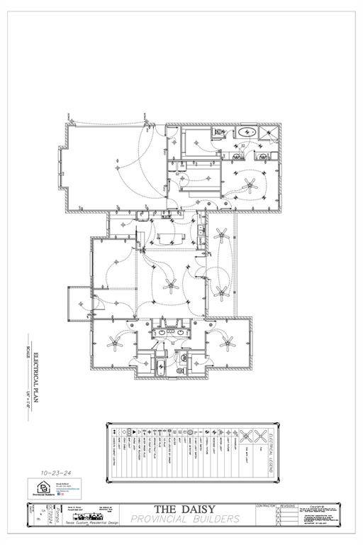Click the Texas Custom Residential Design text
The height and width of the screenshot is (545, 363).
pos(95,522)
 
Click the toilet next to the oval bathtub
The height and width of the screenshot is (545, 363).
pos(221,133)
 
